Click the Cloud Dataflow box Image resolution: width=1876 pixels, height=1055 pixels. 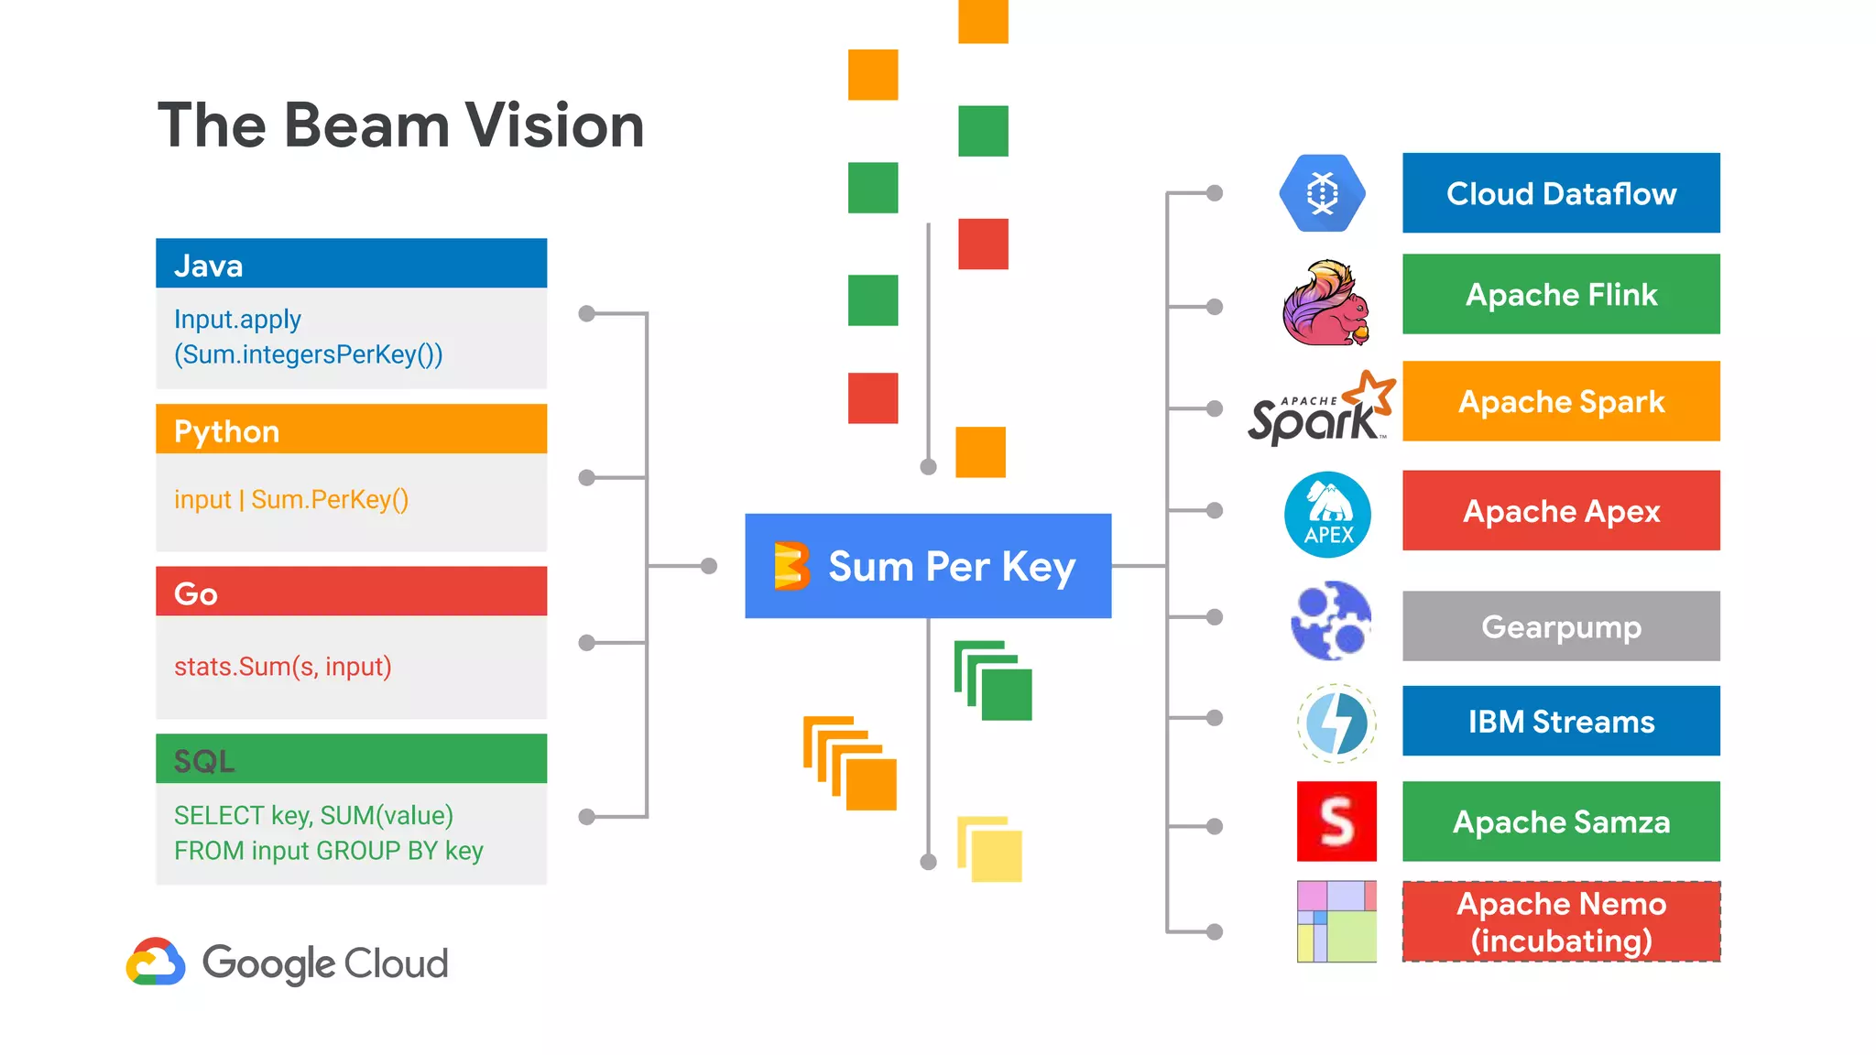coord(1560,193)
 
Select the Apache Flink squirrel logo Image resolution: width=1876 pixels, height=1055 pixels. coord(1325,303)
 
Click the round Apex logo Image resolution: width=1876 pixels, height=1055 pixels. coord(1327,515)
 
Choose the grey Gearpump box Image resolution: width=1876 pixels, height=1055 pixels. coord(1560,626)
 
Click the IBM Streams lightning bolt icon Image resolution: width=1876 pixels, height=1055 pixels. coord(1336,723)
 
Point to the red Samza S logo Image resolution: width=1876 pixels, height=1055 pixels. coord(1336,821)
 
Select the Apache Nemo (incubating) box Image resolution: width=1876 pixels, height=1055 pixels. coord(1560,922)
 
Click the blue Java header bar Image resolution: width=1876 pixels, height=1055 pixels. coord(351,265)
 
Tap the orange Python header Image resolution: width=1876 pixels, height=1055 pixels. coord(351,430)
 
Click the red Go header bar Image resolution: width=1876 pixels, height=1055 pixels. coord(351,593)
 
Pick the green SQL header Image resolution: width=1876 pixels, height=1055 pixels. coord(351,759)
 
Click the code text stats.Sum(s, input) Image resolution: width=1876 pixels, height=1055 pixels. coord(283,667)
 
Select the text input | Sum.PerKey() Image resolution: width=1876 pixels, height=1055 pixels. coord(291,500)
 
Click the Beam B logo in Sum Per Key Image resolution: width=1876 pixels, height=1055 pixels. coord(791,566)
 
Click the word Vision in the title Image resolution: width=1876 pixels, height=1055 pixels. coord(554,125)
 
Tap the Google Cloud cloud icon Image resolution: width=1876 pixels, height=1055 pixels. coord(156,963)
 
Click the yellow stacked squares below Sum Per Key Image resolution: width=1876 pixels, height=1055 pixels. coord(990,849)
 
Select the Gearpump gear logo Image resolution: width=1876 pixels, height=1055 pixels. coord(1331,621)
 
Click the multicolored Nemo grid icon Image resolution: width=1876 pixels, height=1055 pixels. coord(1336,922)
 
